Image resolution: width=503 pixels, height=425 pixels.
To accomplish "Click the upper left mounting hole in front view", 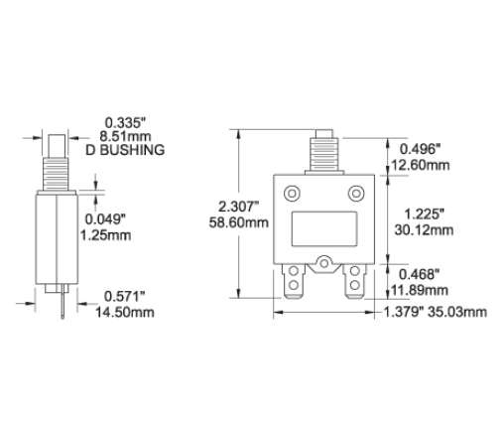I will pyautogui.click(x=292, y=192).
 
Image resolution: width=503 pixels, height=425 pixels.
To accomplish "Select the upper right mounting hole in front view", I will pyautogui.click(x=356, y=192).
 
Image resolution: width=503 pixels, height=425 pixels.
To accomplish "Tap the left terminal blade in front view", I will pyautogui.click(x=293, y=283).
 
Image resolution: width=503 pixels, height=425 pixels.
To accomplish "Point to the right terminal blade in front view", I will pyautogui.click(x=356, y=284).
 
